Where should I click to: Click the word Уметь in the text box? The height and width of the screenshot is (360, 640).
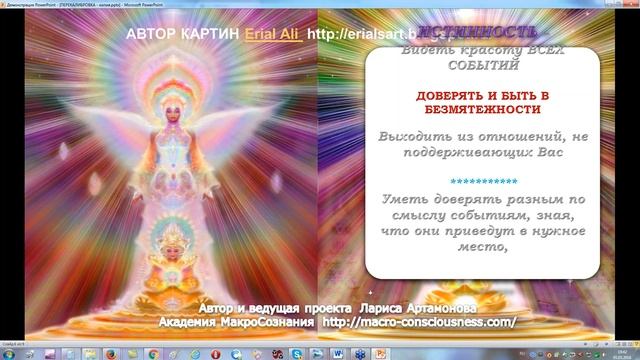407,199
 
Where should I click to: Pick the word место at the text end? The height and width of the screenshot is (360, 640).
478,248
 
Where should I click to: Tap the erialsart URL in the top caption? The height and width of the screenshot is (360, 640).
345,35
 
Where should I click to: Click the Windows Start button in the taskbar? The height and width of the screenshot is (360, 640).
9,351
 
